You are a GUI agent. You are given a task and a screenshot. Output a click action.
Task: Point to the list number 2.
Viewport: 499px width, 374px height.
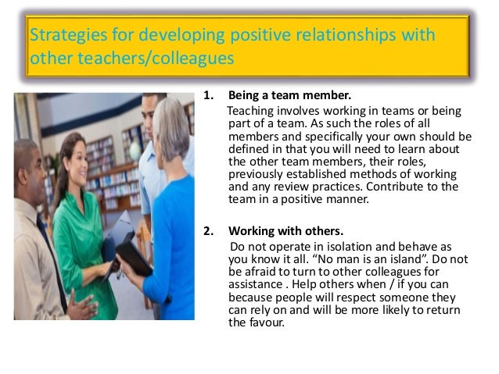point(208,230)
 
